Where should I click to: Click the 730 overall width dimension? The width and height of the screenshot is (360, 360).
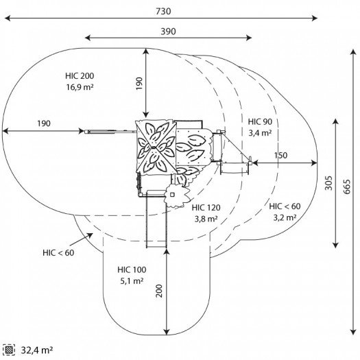[x=163, y=11]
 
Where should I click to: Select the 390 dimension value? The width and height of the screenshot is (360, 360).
[x=168, y=32]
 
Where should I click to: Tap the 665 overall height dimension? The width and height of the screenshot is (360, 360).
[x=347, y=187]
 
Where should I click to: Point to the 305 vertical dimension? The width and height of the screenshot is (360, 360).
[x=328, y=183]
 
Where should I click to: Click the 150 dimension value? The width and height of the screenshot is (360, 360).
[x=280, y=156]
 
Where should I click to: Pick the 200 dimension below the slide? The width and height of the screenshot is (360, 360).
[x=159, y=291]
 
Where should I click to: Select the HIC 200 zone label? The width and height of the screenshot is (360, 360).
[x=80, y=75]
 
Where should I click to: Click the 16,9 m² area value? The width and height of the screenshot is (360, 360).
[x=80, y=87]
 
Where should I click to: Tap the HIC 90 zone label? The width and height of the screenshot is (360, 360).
[x=260, y=121]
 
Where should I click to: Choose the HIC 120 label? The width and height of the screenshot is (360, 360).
[x=206, y=208]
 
